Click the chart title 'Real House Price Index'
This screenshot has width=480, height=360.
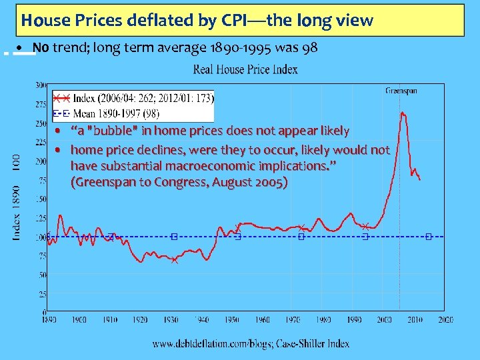click(246, 70)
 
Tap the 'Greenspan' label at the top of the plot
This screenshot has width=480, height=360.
click(401, 91)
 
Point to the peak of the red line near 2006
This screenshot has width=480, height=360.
click(403, 113)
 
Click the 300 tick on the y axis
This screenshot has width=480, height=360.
click(41, 85)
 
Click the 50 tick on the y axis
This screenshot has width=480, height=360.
click(42, 275)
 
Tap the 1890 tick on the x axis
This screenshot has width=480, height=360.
click(48, 320)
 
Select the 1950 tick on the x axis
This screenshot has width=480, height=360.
click(232, 320)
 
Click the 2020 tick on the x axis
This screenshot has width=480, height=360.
click(446, 320)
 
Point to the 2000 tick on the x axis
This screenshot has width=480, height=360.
click(385, 320)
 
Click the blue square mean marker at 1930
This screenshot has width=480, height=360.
click(174, 237)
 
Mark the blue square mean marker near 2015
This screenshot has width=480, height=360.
click(429, 237)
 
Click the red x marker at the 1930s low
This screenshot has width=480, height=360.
click(174, 260)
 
